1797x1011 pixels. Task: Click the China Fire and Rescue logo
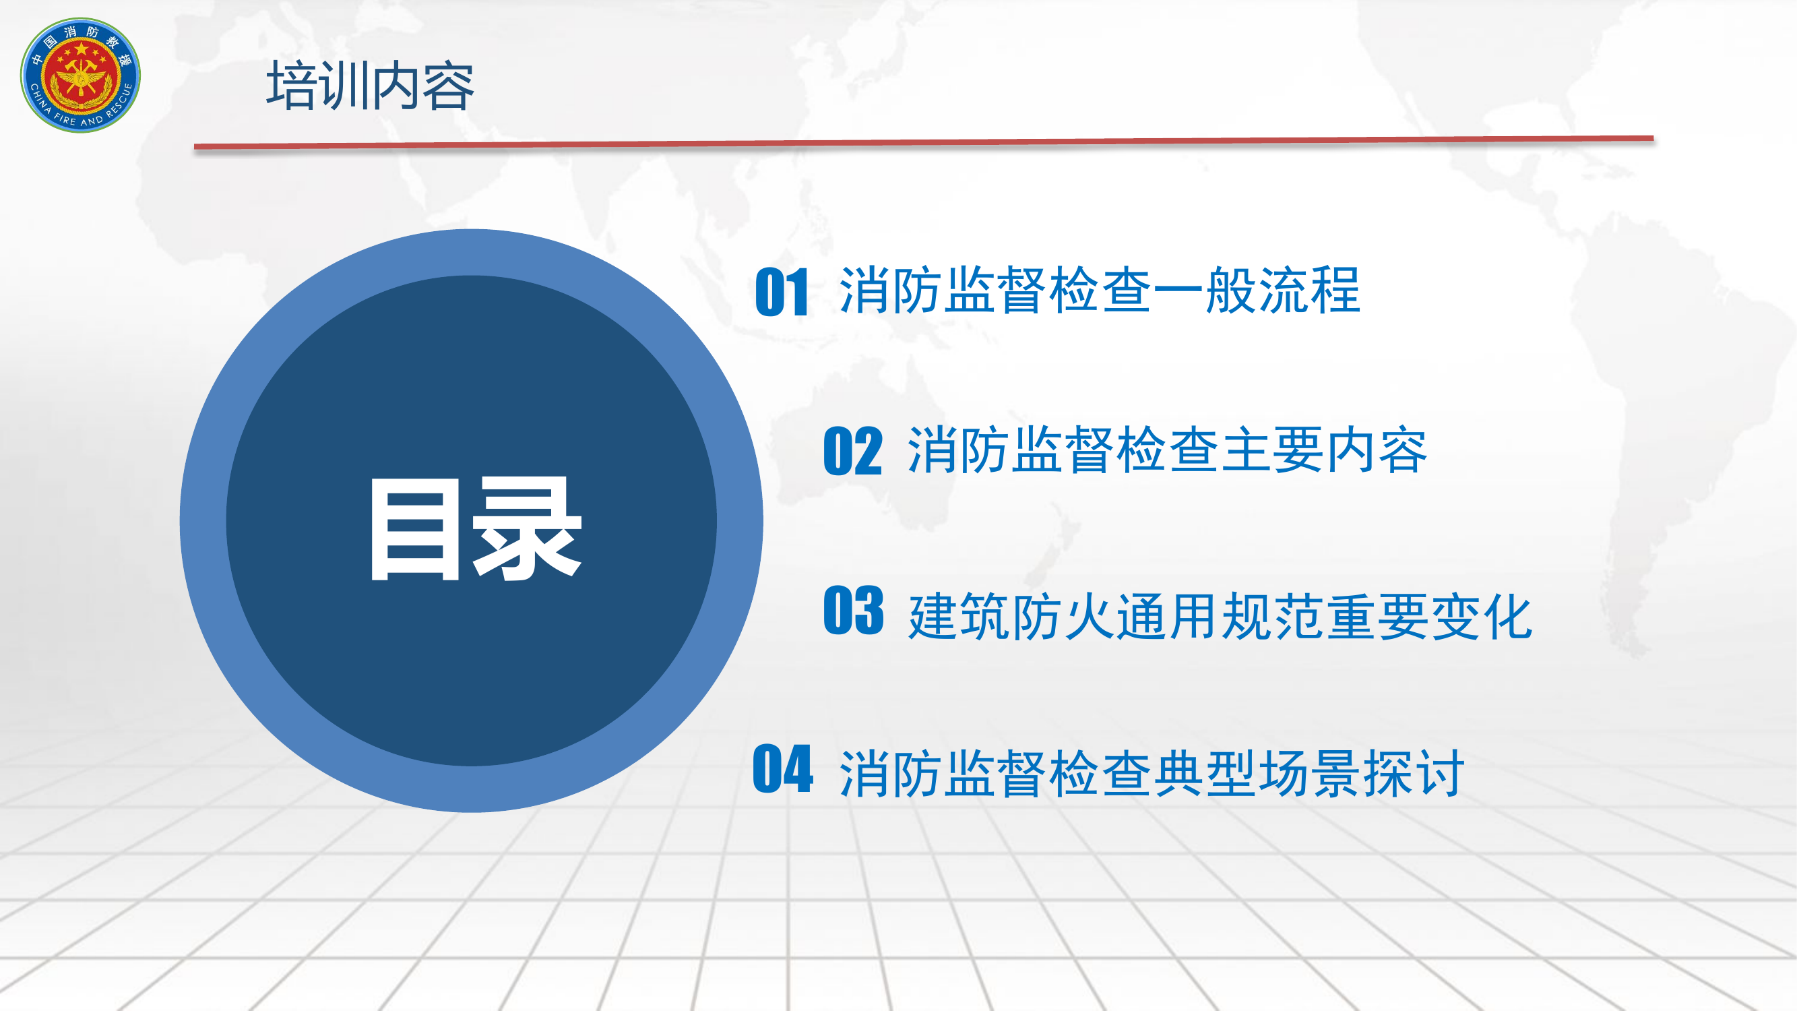tap(80, 75)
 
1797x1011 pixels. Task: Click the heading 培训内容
tap(370, 86)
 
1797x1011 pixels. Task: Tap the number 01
tap(782, 293)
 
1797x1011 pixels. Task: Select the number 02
tap(852, 452)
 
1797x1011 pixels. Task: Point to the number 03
tap(853, 611)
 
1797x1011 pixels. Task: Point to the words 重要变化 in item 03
tap(1428, 616)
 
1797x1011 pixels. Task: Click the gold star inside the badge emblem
tap(82, 51)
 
